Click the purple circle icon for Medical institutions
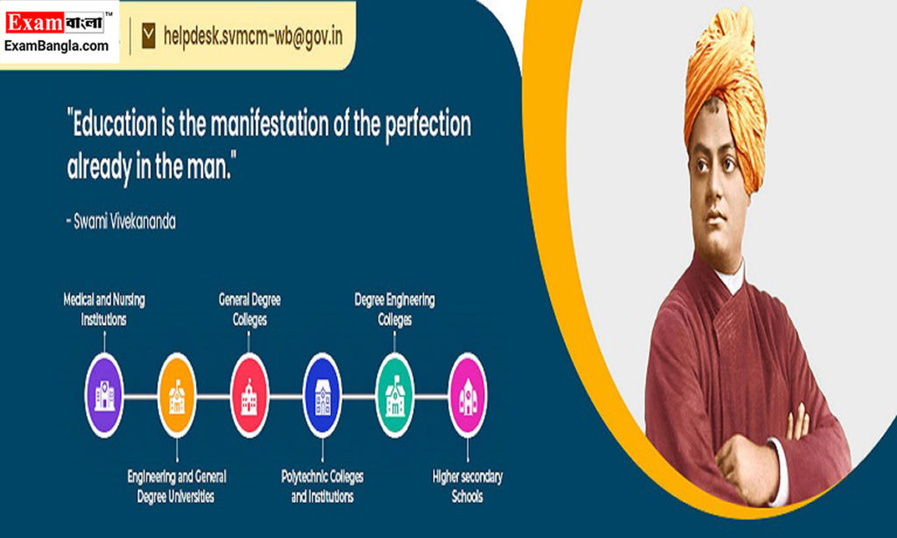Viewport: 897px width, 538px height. [x=104, y=395]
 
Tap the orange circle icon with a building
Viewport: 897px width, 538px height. [x=177, y=395]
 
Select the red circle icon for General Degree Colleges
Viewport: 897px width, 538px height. [x=250, y=395]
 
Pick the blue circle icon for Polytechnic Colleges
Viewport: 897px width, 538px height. [x=322, y=395]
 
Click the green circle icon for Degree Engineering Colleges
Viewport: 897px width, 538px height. [x=395, y=395]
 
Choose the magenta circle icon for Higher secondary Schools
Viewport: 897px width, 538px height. [x=468, y=395]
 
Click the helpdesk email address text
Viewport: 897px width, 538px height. [x=253, y=36]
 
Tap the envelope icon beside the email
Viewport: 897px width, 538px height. [x=148, y=35]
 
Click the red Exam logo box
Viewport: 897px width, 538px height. [x=34, y=23]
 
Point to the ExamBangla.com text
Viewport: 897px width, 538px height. [x=56, y=46]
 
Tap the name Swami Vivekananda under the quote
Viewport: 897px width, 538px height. [x=124, y=222]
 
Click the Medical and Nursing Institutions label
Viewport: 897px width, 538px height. [x=104, y=309]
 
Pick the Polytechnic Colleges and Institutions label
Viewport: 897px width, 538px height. [x=322, y=486]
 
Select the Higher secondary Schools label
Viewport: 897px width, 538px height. [x=468, y=486]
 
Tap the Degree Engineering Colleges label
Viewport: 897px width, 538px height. [x=395, y=309]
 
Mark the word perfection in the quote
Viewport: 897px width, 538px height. [x=427, y=125]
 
